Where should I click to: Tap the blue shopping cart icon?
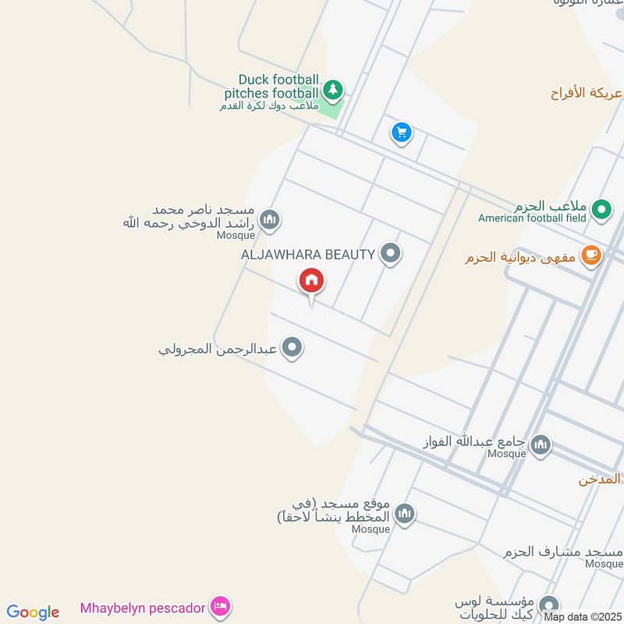[401, 133]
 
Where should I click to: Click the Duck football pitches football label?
[279, 87]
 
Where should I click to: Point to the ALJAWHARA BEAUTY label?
[308, 253]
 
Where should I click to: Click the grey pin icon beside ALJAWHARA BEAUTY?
[391, 253]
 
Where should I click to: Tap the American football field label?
[533, 218]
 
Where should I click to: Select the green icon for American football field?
[601, 209]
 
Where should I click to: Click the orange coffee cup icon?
[591, 256]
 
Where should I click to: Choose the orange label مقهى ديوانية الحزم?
[522, 257]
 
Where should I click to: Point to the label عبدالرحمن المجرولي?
[218, 349]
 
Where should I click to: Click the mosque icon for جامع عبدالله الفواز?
[540, 446]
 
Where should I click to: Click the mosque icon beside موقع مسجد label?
[403, 513]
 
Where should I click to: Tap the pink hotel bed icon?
[221, 606]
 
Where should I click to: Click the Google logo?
[33, 612]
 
